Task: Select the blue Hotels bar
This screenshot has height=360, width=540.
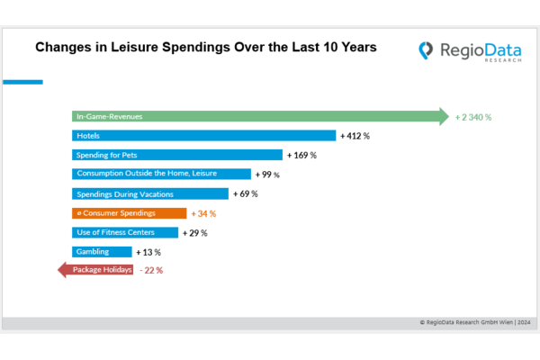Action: tap(203, 135)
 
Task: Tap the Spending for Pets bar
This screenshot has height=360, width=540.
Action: tap(176, 155)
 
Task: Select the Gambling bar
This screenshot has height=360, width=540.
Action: tap(102, 251)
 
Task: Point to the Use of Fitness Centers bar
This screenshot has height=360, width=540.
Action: tap(125, 232)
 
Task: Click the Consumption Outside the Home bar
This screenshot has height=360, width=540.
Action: tap(161, 174)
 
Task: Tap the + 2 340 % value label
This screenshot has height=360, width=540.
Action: tap(473, 117)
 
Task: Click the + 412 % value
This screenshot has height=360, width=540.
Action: tap(355, 136)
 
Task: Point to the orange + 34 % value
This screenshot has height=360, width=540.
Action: tap(202, 213)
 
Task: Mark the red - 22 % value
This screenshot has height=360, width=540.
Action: tap(151, 270)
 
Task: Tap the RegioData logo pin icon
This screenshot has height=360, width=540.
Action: tap(427, 52)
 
